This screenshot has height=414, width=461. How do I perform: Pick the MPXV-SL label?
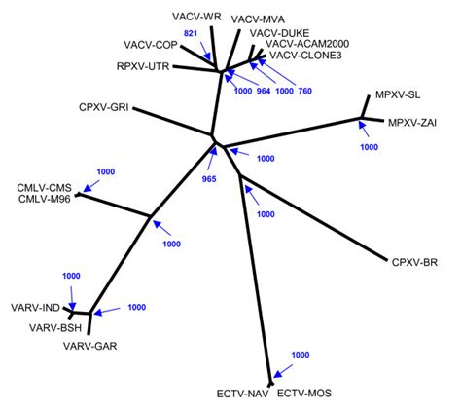(x=398, y=95)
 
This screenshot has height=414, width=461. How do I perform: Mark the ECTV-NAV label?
(x=240, y=395)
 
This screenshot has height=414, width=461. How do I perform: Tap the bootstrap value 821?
(x=192, y=33)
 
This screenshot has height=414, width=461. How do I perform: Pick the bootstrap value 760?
(x=304, y=91)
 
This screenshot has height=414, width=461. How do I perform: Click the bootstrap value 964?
(x=263, y=91)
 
